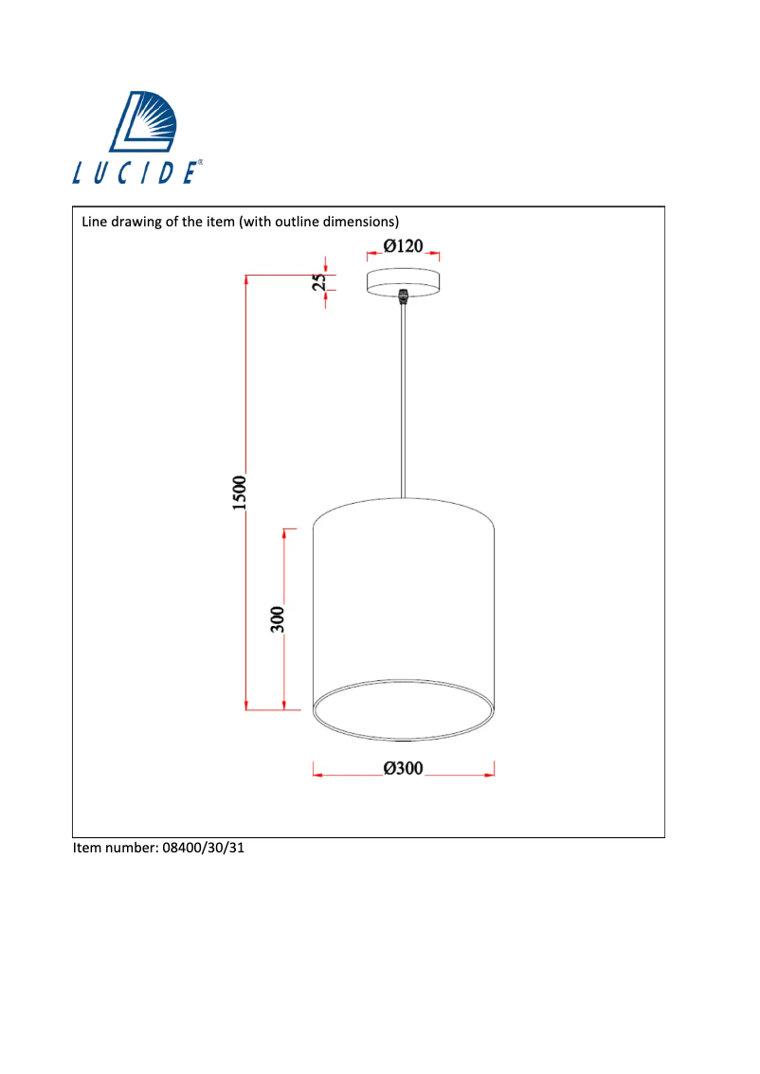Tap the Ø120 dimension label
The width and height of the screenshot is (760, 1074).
(x=403, y=246)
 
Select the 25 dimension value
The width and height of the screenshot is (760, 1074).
(x=322, y=281)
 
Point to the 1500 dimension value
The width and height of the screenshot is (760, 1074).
(x=240, y=492)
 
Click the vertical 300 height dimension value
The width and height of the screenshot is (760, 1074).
(x=278, y=618)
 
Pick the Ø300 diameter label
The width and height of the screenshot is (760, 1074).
(x=403, y=769)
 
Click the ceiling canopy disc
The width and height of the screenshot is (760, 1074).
(x=403, y=282)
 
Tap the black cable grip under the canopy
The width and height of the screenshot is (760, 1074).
(x=404, y=296)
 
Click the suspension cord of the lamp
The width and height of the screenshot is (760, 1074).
(x=404, y=398)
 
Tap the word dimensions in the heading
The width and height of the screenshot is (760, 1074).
(x=356, y=222)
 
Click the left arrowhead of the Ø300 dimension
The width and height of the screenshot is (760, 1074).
(x=318, y=776)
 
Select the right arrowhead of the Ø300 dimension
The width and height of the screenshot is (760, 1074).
(x=490, y=776)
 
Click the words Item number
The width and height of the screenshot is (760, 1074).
(x=109, y=848)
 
